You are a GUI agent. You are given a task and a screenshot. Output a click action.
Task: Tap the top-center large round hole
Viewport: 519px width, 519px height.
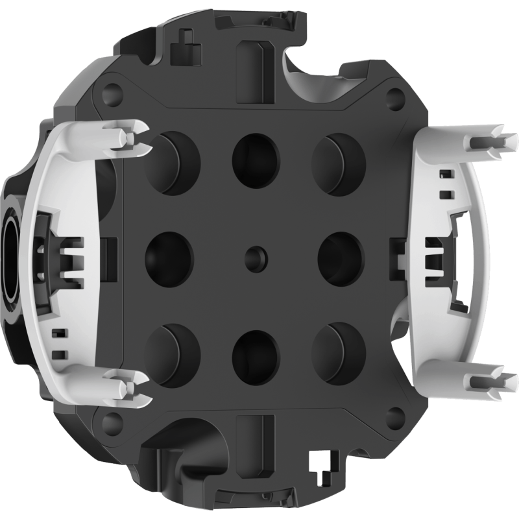[x=254, y=155]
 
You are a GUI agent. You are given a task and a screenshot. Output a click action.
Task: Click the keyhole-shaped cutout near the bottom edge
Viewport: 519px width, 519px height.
[x=318, y=463]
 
